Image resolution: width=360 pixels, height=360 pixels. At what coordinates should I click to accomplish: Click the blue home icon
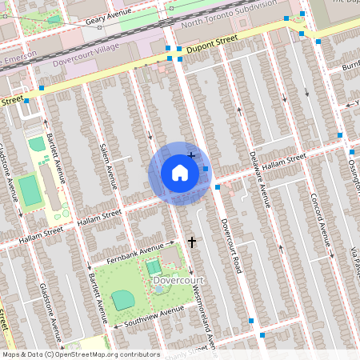coord(180,173)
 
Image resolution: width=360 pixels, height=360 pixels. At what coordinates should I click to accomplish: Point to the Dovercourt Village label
coord(83,62)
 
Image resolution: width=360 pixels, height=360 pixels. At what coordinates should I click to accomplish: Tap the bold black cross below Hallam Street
coord(191,241)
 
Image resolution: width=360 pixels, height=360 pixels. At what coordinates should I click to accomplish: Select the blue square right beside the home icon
coord(206,169)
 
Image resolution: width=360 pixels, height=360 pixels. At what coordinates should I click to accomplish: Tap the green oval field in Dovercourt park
coord(122,299)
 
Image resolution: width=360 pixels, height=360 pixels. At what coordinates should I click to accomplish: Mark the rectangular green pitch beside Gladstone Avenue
coord(29,190)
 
